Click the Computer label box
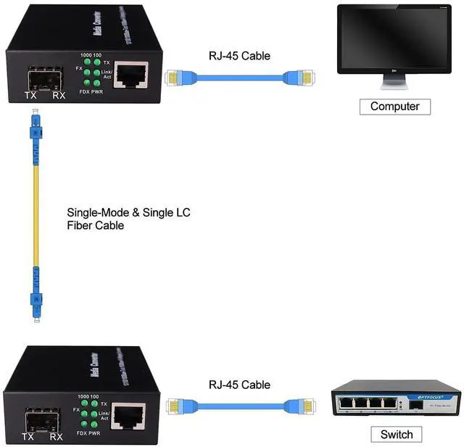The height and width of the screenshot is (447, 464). tap(394, 106)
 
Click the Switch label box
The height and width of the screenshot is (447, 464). tap(396, 435)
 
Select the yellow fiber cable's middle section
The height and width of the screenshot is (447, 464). tap(33, 218)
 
